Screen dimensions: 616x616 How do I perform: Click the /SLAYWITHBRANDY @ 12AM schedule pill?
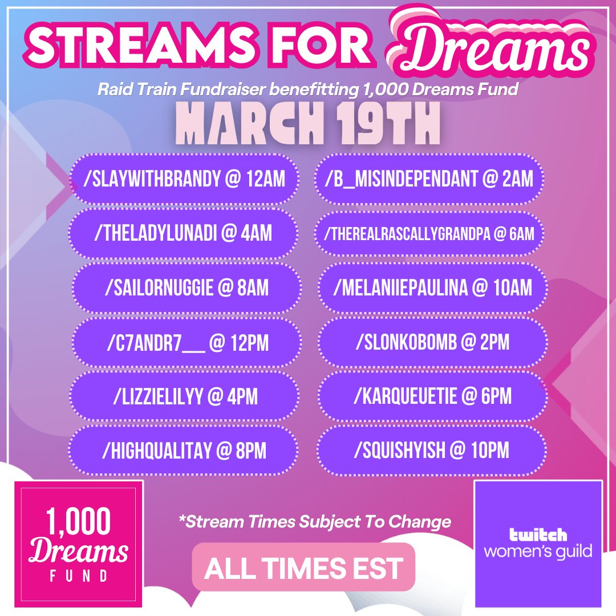[x=184, y=180]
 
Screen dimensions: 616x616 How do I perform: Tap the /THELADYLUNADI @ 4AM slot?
[x=184, y=234]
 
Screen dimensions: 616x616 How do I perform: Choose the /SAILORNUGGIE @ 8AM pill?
[x=184, y=288]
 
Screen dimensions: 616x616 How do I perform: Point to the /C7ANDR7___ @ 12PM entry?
[x=184, y=343]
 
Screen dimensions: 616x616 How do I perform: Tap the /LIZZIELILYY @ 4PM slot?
[x=184, y=396]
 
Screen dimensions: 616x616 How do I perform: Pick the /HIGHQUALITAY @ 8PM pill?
[x=184, y=451]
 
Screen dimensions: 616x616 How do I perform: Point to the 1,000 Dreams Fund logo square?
[x=78, y=544]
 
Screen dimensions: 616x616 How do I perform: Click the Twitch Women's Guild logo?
[x=538, y=544]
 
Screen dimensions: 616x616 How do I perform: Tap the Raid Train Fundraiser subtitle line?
[x=308, y=90]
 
